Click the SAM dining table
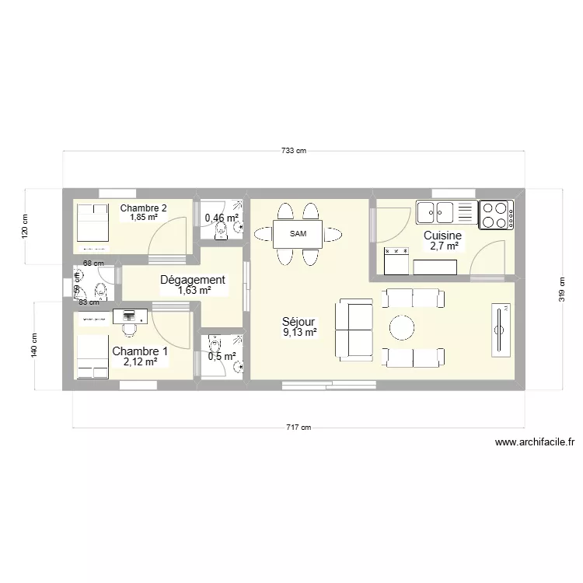coord(298,233)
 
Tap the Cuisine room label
coord(442,236)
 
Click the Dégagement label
coord(193,280)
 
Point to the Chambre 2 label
coord(143,208)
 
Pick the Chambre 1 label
coord(139,351)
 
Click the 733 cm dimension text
coord(294,151)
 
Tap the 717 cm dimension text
coord(299,427)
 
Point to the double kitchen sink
coord(435,211)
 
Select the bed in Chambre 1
coord(93,357)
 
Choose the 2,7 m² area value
coord(442,246)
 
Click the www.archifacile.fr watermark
coord(536,442)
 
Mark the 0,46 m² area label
coord(220,218)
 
